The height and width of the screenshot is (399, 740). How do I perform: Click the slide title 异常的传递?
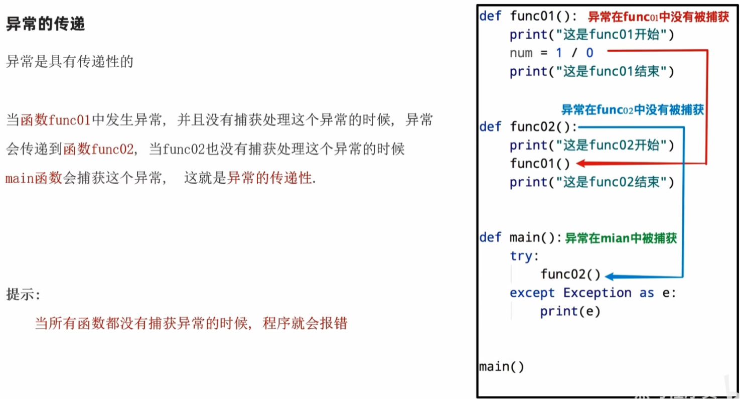[x=46, y=24]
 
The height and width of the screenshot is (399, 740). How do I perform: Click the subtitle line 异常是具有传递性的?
[x=70, y=62]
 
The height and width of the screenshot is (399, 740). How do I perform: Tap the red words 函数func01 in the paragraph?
[x=56, y=119]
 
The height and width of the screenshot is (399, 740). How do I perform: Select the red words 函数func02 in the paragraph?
[x=98, y=149]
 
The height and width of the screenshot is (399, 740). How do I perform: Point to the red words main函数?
[x=34, y=178]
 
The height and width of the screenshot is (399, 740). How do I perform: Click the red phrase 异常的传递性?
[x=269, y=178]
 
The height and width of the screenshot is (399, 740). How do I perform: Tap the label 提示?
[x=23, y=294]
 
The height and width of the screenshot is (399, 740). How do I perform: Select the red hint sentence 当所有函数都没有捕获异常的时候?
[x=141, y=323]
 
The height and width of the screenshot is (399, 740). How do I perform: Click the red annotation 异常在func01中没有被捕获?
[x=658, y=17]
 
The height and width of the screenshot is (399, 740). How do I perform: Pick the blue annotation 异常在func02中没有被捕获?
[x=633, y=110]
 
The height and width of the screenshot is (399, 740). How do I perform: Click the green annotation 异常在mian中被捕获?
[x=621, y=238]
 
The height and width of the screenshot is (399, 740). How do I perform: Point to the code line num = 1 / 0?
[x=551, y=53]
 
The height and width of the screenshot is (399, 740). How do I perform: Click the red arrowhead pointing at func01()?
[x=581, y=163]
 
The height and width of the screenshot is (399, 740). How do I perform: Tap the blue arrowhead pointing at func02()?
[x=610, y=277]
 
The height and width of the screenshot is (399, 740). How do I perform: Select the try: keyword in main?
[x=524, y=256]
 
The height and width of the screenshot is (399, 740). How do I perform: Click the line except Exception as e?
[x=593, y=293]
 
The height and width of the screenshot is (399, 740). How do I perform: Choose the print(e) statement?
[x=570, y=311]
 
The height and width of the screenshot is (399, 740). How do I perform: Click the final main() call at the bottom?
[x=502, y=366]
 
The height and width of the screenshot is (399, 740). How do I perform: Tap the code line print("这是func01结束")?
[x=591, y=72]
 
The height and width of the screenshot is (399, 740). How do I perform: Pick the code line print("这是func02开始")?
[x=591, y=146]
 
